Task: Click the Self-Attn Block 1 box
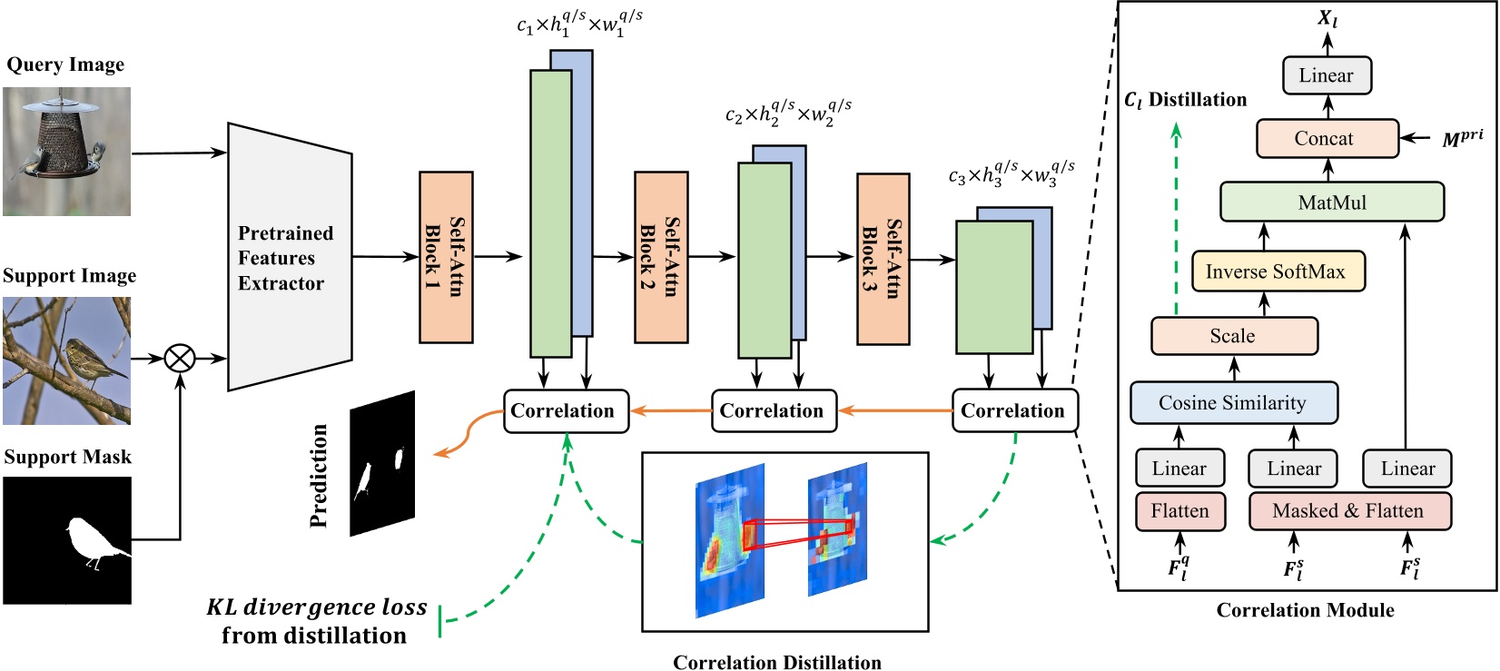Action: pyautogui.click(x=445, y=257)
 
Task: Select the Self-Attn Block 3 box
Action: pyautogui.click(x=883, y=259)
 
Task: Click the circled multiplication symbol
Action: pyautogui.click(x=180, y=359)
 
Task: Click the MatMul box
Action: pyautogui.click(x=1331, y=202)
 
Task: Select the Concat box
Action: pyautogui.click(x=1327, y=138)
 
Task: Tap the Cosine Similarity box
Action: pyautogui.click(x=1233, y=402)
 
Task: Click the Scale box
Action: pyautogui.click(x=1233, y=336)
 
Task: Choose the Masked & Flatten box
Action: pyautogui.click(x=1349, y=510)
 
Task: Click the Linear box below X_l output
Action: pyautogui.click(x=1326, y=75)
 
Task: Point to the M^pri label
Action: pyautogui.click(x=1462, y=138)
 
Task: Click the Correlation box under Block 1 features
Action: pyautogui.click(x=565, y=410)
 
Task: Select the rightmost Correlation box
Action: pyautogui.click(x=1013, y=410)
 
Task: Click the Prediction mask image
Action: pyautogui.click(x=382, y=463)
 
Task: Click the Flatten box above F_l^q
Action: pyautogui.click(x=1179, y=510)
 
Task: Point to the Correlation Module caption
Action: pyautogui.click(x=1305, y=610)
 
